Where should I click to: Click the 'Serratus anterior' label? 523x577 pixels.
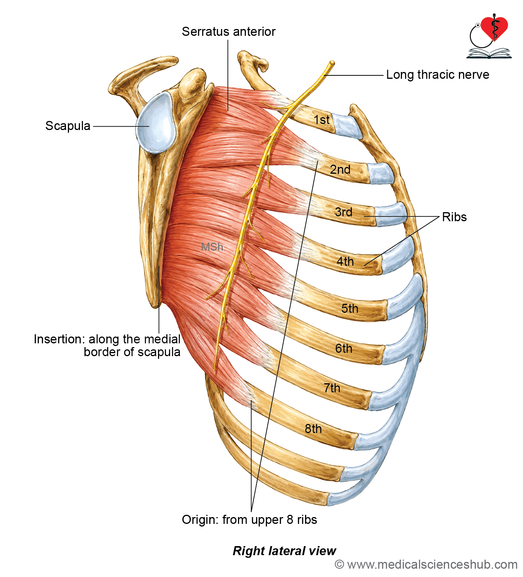pos(229,31)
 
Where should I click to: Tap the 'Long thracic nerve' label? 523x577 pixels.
pos(437,75)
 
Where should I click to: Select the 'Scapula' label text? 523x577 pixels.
pos(68,126)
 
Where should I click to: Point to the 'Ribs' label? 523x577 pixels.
pos(454,217)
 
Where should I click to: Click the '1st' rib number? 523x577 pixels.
pos(322,119)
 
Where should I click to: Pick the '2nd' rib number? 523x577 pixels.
pos(340,170)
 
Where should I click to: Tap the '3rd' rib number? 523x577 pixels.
pos(344,212)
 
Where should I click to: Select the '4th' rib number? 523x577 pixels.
pos(345,262)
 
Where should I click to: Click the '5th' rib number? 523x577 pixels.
pos(350,309)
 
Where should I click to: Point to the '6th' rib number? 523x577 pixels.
pos(344,348)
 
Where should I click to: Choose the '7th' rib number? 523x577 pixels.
pos(332,388)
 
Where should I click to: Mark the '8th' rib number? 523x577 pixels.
pos(313,429)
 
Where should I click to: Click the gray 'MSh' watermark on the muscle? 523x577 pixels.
pos(212,247)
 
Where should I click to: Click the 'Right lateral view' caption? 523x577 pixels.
pos(284,551)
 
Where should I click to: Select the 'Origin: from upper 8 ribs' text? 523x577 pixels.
pos(249,519)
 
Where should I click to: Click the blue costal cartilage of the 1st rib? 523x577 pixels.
pos(347,127)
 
